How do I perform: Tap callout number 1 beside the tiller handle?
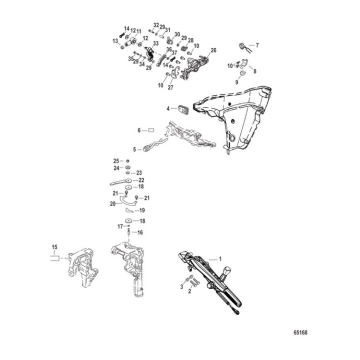(218, 260)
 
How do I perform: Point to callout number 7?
(257, 45)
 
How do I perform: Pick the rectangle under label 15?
(54, 259)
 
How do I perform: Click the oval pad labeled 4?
(182, 108)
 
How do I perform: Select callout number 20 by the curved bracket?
(112, 203)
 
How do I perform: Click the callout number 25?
(116, 160)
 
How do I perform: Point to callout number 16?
(140, 232)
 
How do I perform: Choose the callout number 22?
(141, 180)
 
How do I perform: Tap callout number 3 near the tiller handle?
(181, 286)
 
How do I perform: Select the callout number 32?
(156, 24)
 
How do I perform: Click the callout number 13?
(115, 41)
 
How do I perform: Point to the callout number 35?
(130, 58)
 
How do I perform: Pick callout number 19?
(141, 210)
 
